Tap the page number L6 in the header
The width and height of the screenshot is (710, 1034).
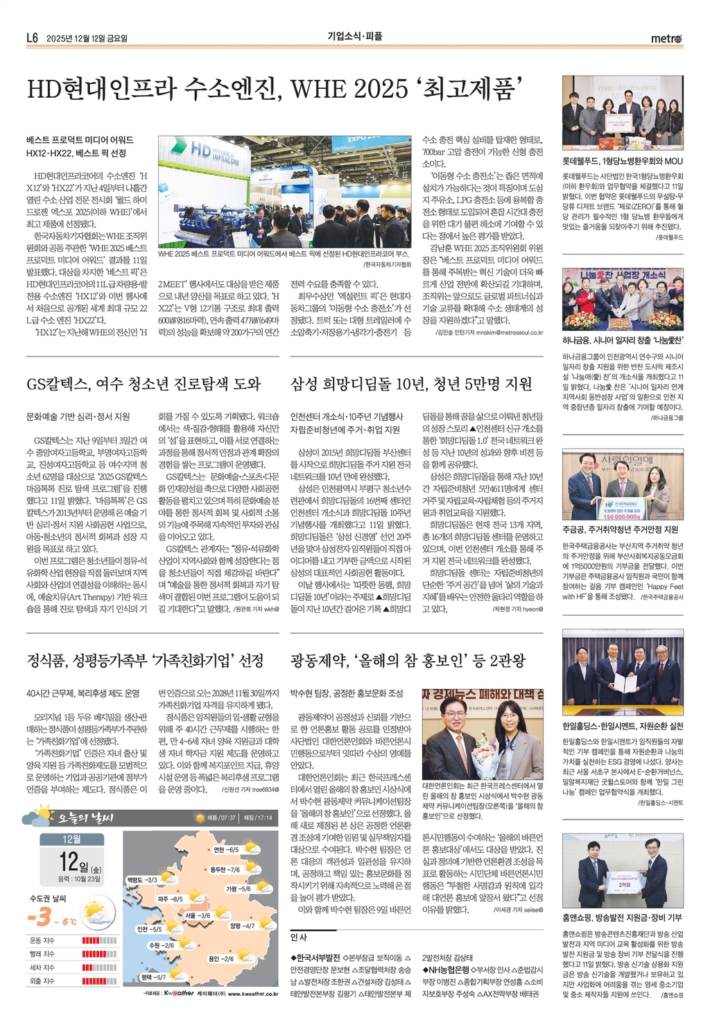coord(32,38)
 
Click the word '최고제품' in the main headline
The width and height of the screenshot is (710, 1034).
coord(471,90)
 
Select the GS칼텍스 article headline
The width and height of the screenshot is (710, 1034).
coord(144,384)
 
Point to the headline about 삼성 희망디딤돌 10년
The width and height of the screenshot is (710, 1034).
coord(411,384)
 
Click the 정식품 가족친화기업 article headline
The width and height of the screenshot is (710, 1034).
coord(145,660)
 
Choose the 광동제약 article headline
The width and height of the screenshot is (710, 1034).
coord(408,660)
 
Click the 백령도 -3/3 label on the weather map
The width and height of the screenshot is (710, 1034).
coord(141,879)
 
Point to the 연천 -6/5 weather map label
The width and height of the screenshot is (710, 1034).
coord(226,849)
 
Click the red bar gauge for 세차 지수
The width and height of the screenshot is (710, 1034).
coord(99,967)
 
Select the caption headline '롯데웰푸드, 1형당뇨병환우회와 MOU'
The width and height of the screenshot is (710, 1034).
coord(622,161)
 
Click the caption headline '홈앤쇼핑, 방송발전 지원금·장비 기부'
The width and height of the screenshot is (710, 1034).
coord(622,917)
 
